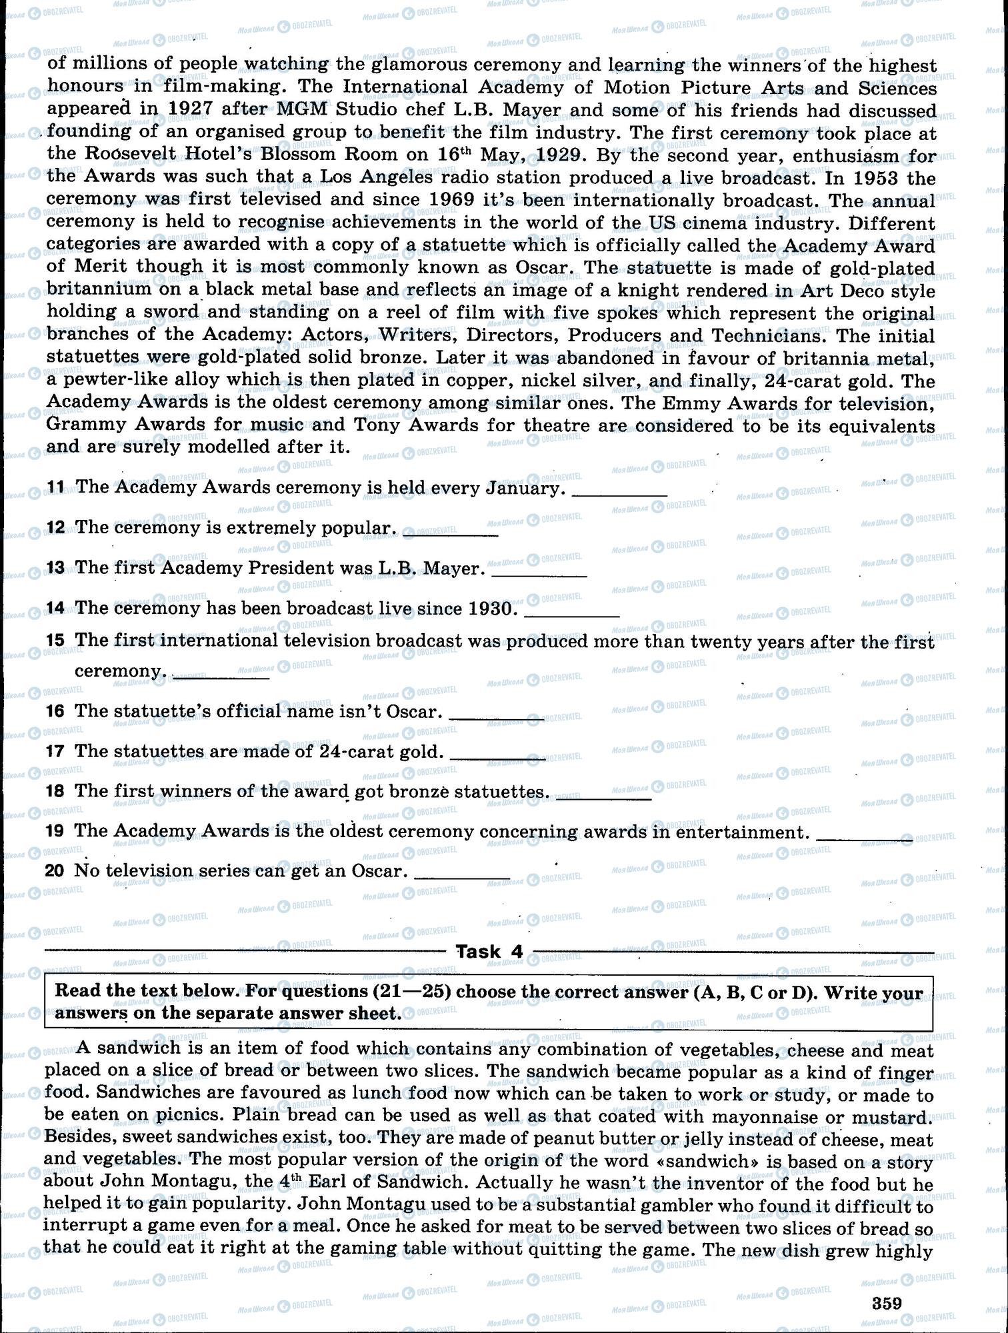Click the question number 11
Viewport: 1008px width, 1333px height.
(x=55, y=487)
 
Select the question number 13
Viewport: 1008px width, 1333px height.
(x=55, y=568)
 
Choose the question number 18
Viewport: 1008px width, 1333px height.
(x=55, y=791)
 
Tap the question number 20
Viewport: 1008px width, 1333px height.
(x=55, y=871)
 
